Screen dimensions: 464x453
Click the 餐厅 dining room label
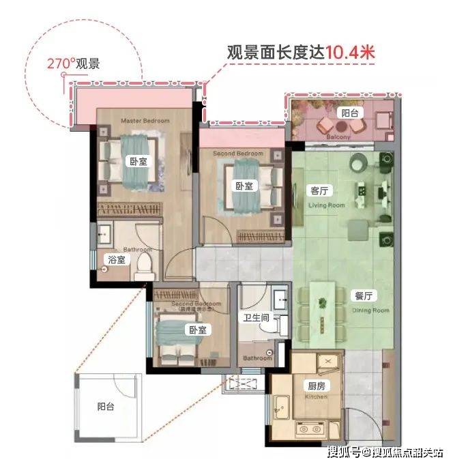[363, 296]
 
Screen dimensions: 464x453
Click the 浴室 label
[117, 259]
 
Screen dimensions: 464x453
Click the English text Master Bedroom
[145, 121]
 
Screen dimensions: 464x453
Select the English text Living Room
[327, 205]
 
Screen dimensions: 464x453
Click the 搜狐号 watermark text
[345, 451]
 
